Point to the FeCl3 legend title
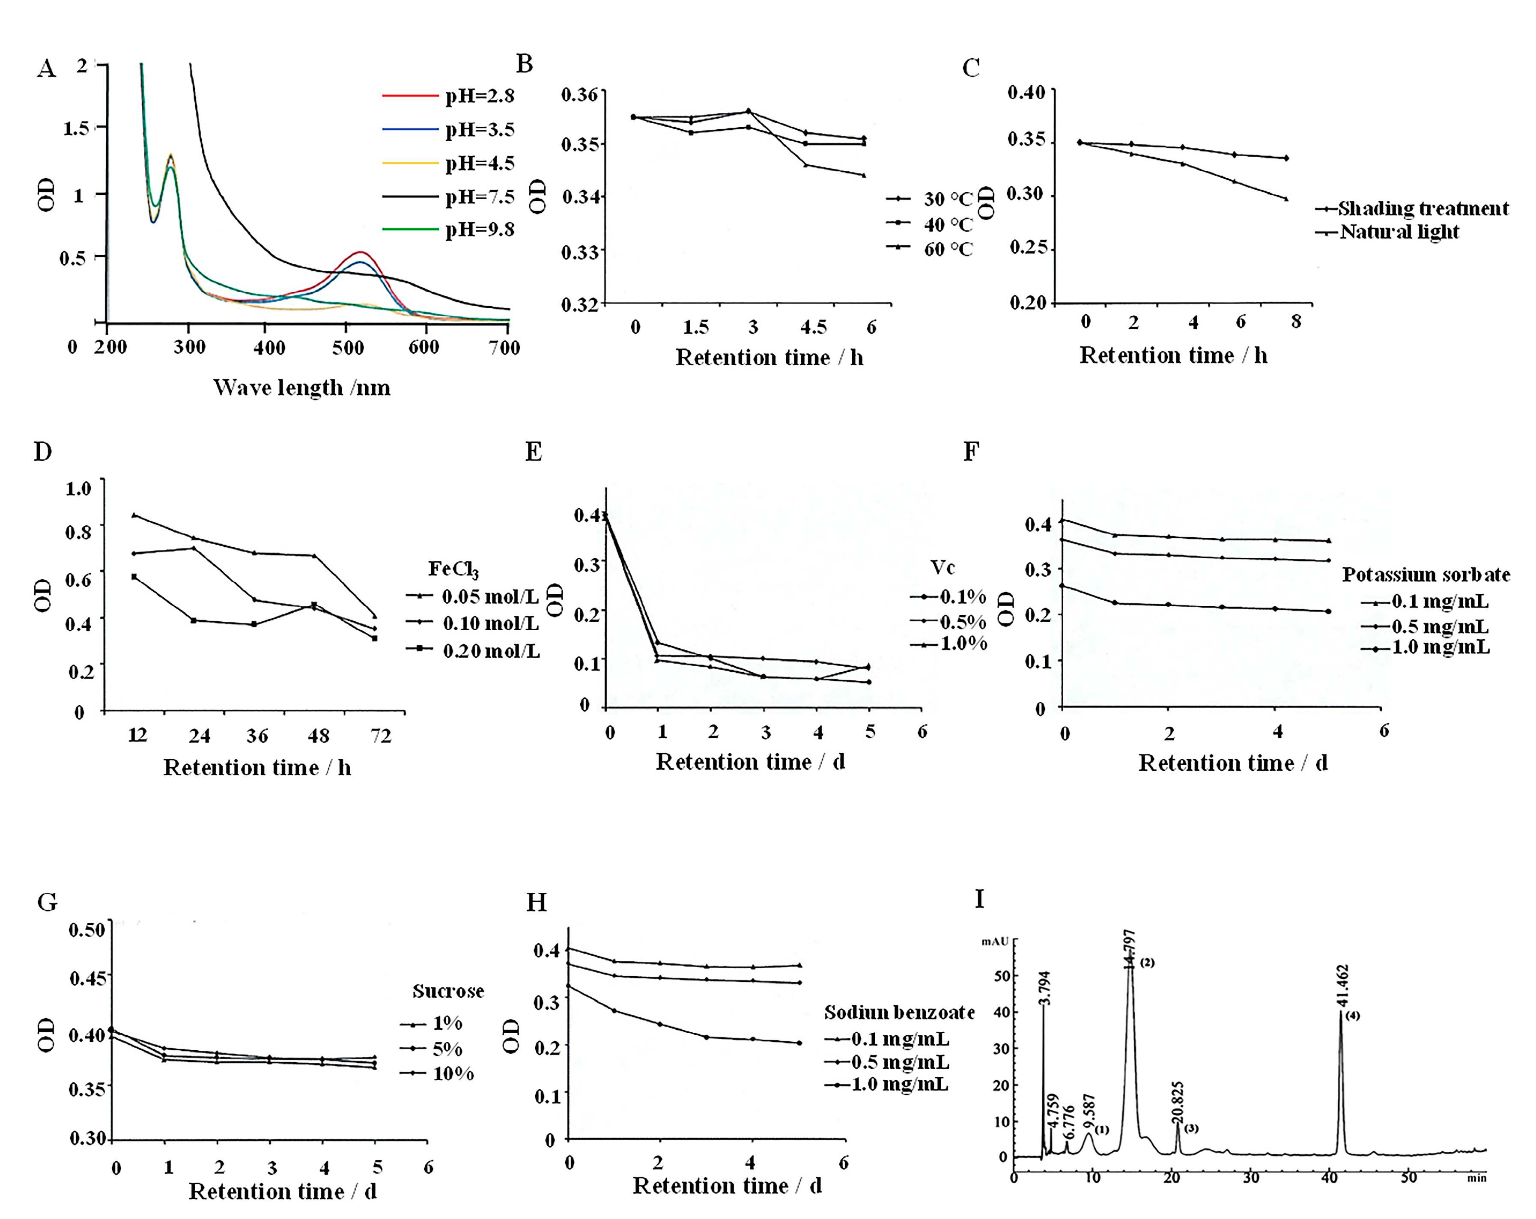click(453, 569)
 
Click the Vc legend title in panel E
click(942, 567)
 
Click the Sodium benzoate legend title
click(899, 1012)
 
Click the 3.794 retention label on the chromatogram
click(1044, 987)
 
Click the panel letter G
click(47, 902)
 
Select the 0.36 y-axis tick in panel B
click(579, 94)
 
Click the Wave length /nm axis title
click(301, 387)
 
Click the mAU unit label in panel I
click(995, 941)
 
